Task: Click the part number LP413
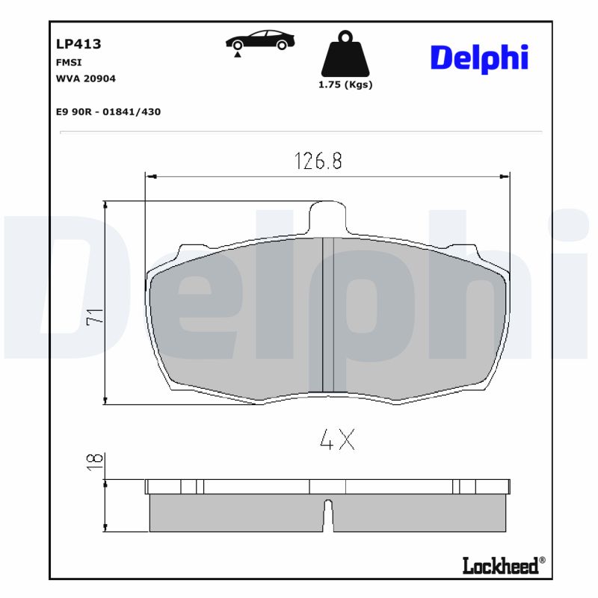[x=78, y=44]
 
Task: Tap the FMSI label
[x=69, y=63]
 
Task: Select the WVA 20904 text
[x=86, y=78]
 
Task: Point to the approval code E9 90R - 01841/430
[x=108, y=112]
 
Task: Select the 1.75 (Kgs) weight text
[x=345, y=84]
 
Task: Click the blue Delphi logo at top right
[x=478, y=58]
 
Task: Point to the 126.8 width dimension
[x=318, y=161]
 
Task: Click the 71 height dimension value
[x=95, y=316]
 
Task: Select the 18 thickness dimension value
[x=95, y=461]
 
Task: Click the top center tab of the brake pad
[x=327, y=217]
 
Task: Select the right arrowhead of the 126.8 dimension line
[x=505, y=177]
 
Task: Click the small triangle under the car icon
[x=237, y=55]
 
